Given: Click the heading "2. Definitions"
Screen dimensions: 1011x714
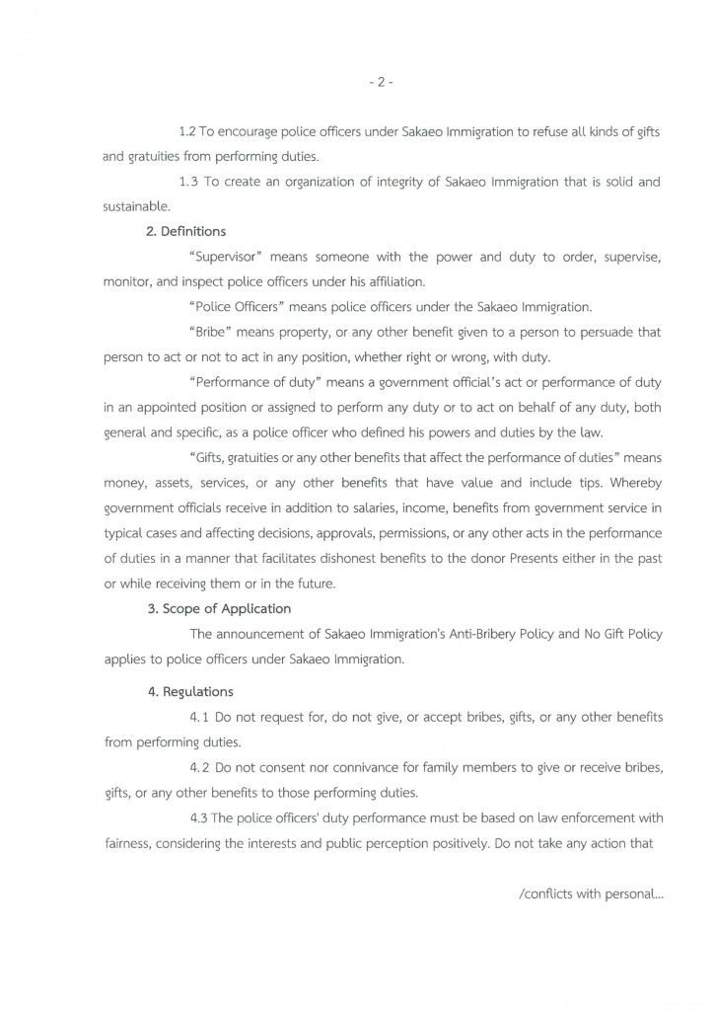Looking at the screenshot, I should tap(186, 232).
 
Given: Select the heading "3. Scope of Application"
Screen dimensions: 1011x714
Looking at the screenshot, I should tap(219, 608).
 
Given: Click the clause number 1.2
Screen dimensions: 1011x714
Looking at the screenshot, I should tap(188, 131).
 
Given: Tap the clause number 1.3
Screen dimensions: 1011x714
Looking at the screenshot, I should tap(190, 182).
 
